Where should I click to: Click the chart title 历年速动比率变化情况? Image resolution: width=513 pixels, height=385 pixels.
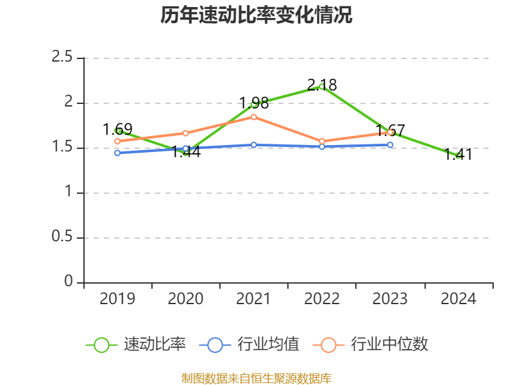(x=256, y=15)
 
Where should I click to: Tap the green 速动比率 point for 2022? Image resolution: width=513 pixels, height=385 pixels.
(x=322, y=87)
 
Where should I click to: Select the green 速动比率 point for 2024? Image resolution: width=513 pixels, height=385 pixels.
(x=458, y=156)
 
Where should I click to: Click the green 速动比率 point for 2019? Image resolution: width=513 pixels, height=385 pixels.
(x=118, y=131)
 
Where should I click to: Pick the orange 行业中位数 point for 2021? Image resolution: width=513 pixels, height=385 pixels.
(x=254, y=117)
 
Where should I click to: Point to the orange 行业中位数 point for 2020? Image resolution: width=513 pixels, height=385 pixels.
(x=186, y=133)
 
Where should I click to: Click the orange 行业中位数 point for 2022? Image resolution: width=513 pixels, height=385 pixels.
(x=322, y=141)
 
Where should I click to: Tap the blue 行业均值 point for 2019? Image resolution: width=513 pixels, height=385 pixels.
(x=118, y=153)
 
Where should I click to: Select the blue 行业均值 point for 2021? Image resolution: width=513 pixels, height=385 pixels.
(x=254, y=145)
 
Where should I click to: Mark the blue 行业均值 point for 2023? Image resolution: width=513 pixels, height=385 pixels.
(x=390, y=145)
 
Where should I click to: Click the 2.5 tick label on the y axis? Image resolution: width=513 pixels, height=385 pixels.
(x=62, y=58)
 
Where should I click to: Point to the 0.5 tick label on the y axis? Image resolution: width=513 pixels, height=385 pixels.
(x=62, y=237)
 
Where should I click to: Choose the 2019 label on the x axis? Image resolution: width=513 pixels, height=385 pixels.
(x=118, y=299)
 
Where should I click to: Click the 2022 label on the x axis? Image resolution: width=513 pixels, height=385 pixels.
(x=322, y=299)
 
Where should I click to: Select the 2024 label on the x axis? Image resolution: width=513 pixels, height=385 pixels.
(x=458, y=299)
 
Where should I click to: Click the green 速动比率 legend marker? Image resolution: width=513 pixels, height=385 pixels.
(x=101, y=345)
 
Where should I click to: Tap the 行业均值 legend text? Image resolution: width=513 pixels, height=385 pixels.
(x=268, y=345)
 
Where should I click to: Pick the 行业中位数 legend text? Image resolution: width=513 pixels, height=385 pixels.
(x=389, y=345)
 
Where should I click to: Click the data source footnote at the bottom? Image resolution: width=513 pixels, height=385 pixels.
(x=256, y=378)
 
